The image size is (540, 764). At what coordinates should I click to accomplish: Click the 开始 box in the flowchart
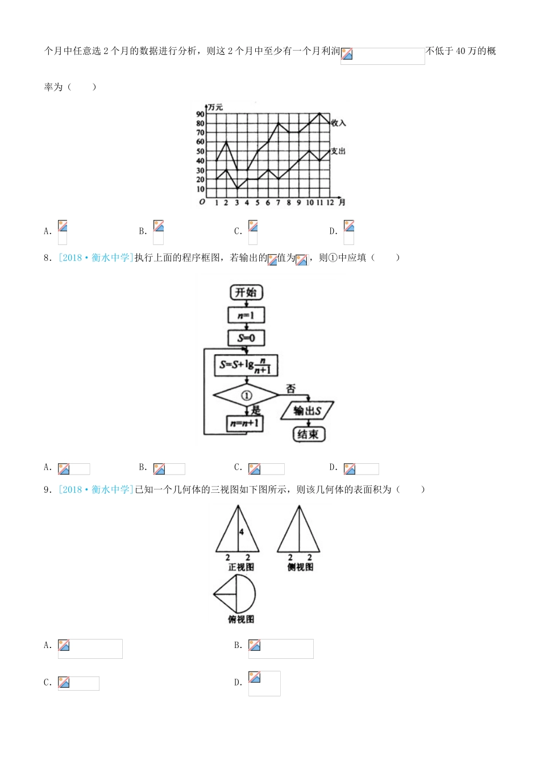tap(246, 292)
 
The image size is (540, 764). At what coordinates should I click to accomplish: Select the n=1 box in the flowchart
tap(246, 315)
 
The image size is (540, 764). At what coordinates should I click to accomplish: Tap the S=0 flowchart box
tap(246, 338)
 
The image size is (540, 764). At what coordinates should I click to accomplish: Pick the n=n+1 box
tap(245, 423)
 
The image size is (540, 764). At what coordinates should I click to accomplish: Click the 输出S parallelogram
tap(308, 410)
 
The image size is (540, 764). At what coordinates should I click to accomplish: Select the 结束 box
tap(308, 434)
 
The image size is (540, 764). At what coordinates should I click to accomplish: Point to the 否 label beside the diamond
tap(290, 389)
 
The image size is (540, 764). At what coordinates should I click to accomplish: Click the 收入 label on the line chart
tap(338, 123)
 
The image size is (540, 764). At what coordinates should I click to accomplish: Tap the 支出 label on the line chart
tap(338, 151)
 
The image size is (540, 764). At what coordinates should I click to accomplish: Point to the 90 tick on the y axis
tap(200, 114)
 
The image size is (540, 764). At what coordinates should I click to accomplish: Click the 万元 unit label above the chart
tap(215, 107)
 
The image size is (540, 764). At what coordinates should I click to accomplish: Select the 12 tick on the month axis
tap(330, 202)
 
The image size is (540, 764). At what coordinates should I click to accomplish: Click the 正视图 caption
tap(241, 567)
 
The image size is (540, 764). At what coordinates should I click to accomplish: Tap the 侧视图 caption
tap(300, 567)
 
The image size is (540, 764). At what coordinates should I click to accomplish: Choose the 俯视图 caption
tap(241, 619)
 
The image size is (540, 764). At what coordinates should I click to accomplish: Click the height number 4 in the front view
tap(242, 532)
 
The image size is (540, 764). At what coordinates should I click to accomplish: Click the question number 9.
tap(48, 489)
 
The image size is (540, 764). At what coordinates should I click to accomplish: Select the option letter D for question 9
tap(238, 682)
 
